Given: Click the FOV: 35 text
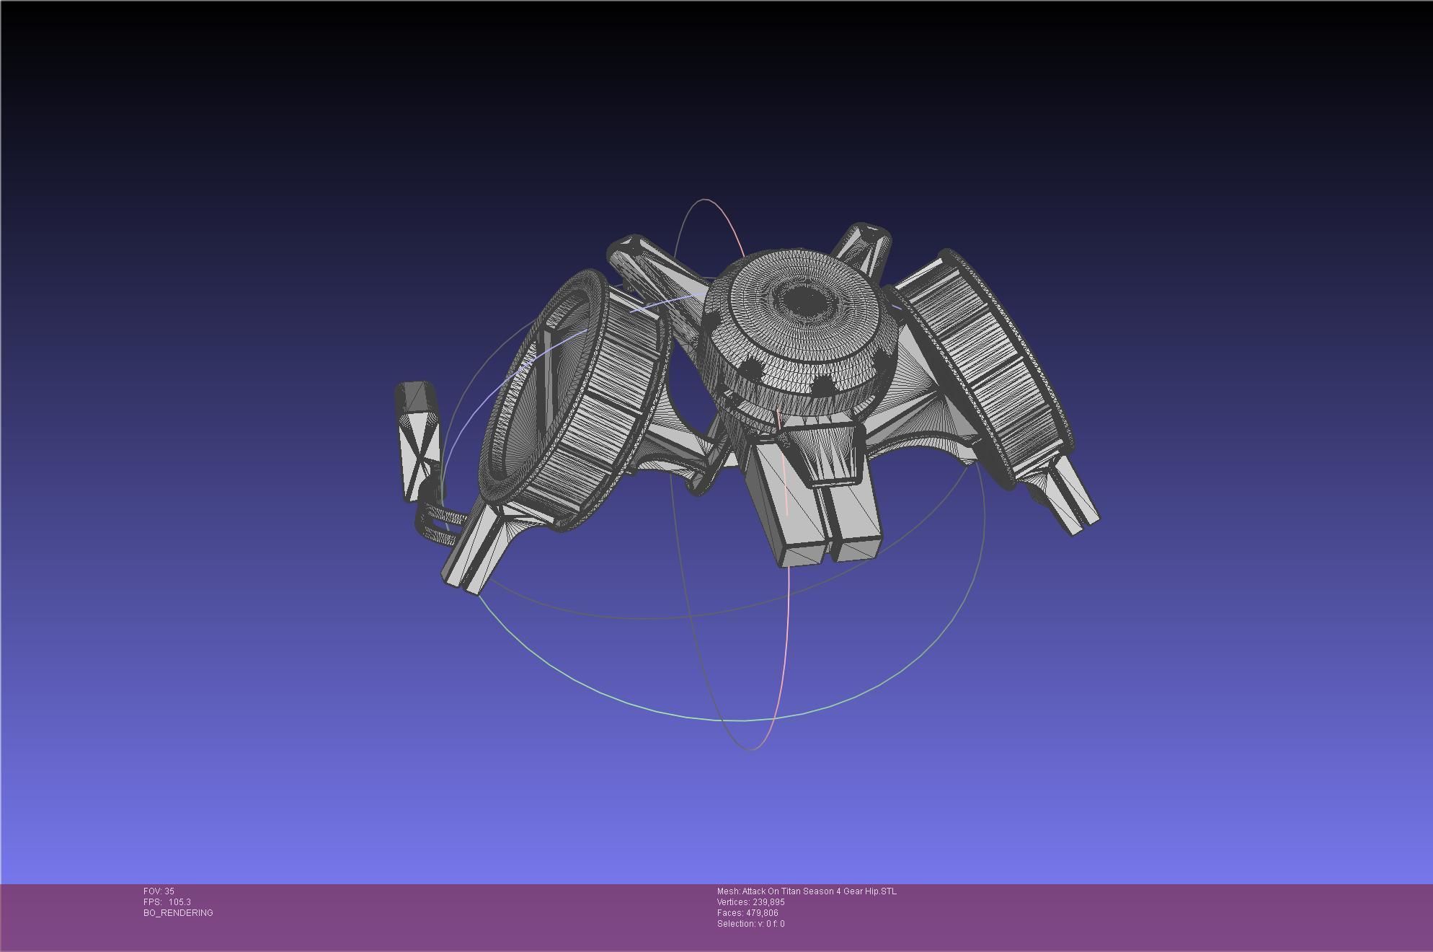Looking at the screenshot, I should click(x=159, y=891).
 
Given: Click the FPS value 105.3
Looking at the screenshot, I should click(x=179, y=902).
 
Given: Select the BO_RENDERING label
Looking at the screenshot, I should click(x=178, y=913).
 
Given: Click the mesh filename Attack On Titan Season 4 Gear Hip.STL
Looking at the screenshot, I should click(x=819, y=891).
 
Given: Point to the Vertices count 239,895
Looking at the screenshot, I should click(x=768, y=902).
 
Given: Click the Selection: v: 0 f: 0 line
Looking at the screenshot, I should click(x=750, y=924).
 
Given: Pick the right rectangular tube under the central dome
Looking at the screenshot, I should click(x=854, y=519).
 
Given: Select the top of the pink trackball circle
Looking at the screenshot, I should click(x=706, y=200).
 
